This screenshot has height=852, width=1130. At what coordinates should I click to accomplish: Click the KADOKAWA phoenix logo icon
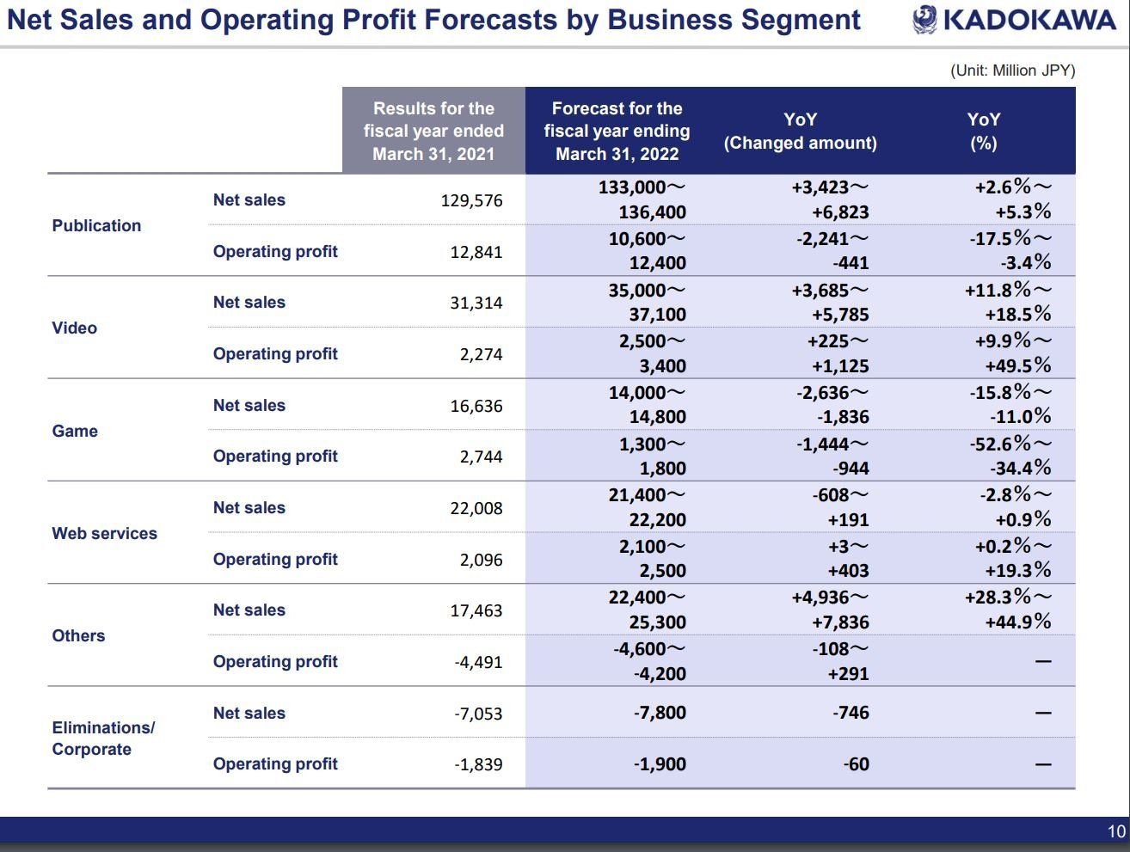click(925, 20)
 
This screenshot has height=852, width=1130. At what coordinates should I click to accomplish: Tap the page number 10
click(1116, 831)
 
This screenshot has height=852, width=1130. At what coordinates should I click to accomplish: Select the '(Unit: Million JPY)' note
click(1013, 70)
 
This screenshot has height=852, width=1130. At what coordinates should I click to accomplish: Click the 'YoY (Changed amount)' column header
click(800, 131)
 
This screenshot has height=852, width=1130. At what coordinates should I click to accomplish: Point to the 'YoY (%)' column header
click(983, 131)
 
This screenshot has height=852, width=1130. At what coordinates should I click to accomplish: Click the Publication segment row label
click(96, 225)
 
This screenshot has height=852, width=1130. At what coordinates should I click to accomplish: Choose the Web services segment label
click(105, 533)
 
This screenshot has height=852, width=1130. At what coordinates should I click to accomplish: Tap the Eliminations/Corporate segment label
click(103, 739)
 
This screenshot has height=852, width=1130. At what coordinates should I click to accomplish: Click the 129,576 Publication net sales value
click(471, 200)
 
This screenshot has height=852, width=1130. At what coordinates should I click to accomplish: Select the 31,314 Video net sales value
click(476, 303)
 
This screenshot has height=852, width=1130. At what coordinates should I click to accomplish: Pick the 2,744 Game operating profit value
click(481, 457)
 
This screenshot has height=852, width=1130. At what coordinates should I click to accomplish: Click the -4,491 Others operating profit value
click(478, 662)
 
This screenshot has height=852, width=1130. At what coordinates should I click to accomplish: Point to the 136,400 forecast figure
click(652, 212)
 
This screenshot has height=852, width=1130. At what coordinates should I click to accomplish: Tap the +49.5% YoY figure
click(1017, 365)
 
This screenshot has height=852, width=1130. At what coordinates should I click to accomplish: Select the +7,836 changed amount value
click(840, 622)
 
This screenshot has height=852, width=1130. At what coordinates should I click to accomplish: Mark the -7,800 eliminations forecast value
click(660, 713)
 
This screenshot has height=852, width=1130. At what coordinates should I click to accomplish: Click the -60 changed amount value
click(856, 764)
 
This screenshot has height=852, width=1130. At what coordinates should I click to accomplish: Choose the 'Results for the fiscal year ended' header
click(433, 120)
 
